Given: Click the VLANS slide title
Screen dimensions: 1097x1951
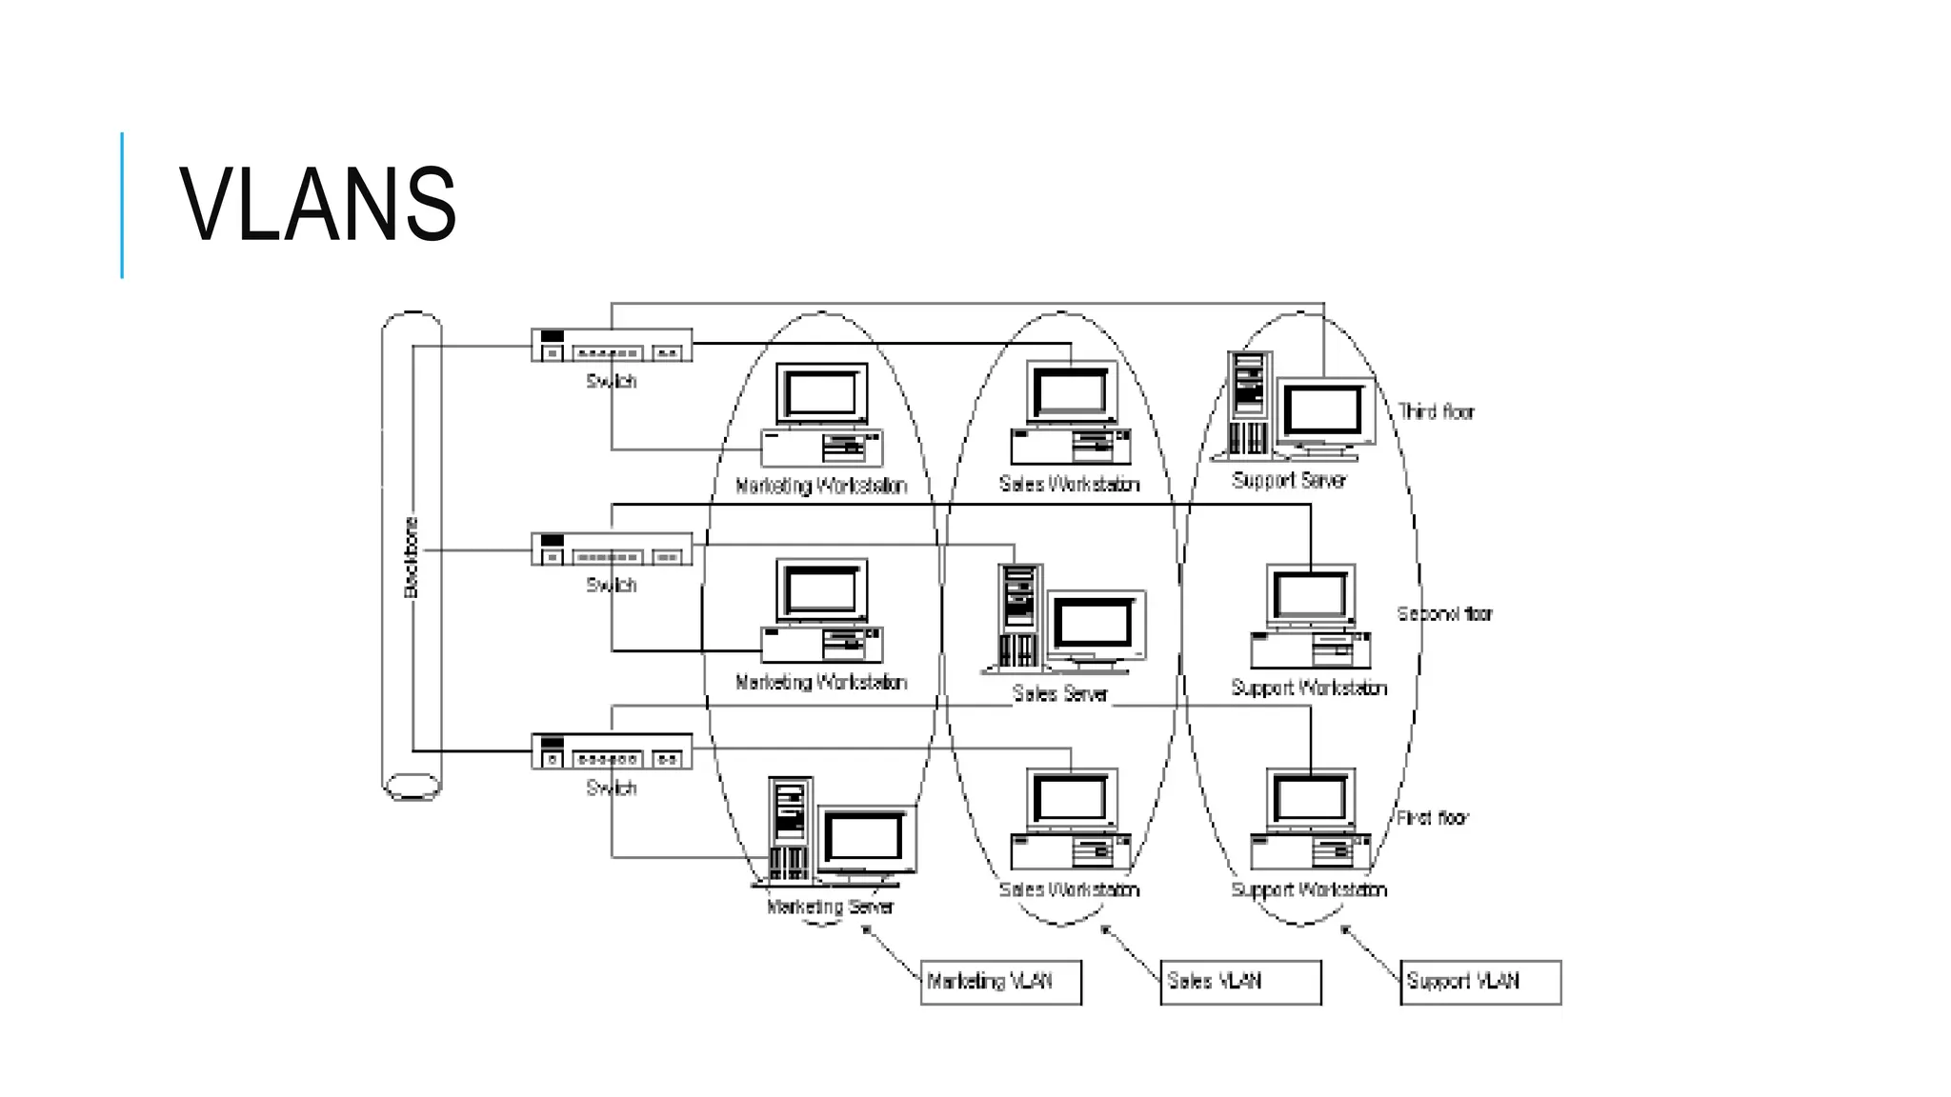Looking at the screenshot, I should click(318, 205).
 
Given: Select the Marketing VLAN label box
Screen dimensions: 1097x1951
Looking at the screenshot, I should click(1000, 982).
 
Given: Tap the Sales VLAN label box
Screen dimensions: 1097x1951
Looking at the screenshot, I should click(1240, 982).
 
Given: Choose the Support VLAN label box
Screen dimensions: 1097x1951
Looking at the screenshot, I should click(1480, 982).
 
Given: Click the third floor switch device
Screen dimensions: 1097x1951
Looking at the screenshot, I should click(612, 346).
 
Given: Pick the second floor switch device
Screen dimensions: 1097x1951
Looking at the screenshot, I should click(612, 549).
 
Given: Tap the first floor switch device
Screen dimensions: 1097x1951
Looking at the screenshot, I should click(612, 751).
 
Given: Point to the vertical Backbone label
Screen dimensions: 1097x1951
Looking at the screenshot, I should click(412, 557).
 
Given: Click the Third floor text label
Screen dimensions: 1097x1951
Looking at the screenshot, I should click(1436, 411).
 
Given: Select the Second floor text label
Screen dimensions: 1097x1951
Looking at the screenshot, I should click(1444, 614).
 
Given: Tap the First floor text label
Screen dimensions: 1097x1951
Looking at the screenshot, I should click(1432, 817).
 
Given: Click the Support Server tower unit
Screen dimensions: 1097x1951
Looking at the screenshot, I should click(1249, 404).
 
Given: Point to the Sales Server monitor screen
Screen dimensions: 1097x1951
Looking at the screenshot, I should click(1094, 624).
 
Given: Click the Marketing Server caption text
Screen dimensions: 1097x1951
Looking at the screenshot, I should click(830, 907).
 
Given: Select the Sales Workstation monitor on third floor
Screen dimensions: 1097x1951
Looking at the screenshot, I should click(1071, 392).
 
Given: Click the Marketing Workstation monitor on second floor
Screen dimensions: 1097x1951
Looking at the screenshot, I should click(821, 589).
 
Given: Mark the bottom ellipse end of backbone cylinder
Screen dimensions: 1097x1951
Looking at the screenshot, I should click(412, 787).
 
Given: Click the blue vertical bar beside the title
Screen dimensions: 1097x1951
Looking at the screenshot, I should click(122, 205).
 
